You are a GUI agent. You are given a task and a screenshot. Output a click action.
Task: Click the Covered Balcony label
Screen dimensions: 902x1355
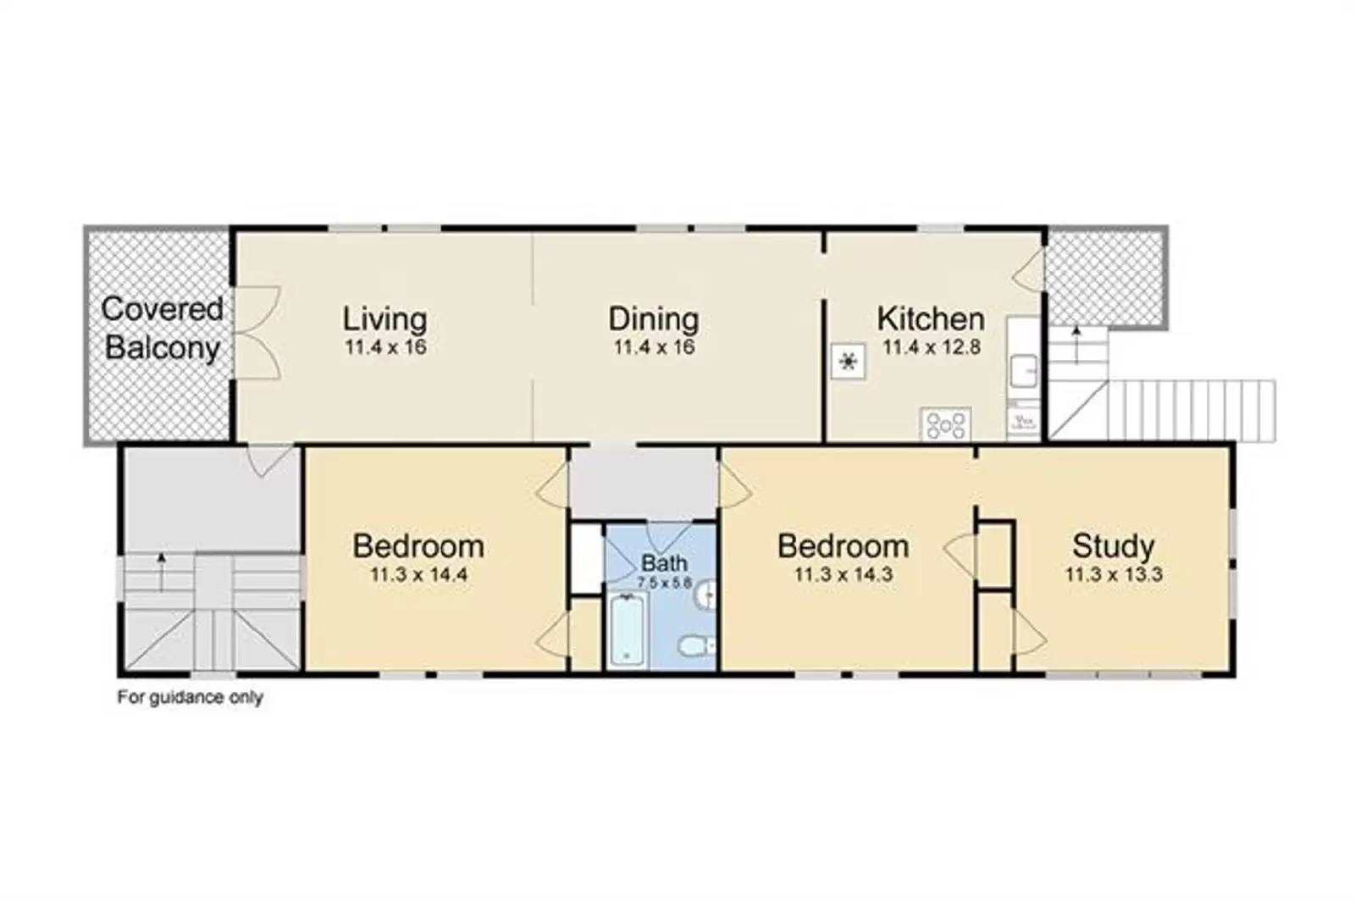162,329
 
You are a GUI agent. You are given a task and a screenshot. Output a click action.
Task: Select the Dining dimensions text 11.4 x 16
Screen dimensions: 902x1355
654,347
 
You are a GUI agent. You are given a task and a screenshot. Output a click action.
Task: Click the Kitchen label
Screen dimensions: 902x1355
931,318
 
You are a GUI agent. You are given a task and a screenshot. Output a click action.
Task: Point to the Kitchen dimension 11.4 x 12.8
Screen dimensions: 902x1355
931,347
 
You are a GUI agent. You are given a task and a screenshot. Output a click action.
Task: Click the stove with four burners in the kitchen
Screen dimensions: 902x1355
946,424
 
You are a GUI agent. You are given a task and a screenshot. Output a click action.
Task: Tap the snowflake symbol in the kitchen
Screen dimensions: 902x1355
848,362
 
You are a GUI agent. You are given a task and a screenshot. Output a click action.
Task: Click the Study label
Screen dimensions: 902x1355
1113,545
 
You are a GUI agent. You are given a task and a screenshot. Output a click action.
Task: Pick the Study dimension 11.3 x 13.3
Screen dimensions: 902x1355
1113,574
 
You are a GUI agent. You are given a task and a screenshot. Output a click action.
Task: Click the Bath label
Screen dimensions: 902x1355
664,562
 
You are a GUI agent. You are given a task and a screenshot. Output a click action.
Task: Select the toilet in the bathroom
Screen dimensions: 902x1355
696,647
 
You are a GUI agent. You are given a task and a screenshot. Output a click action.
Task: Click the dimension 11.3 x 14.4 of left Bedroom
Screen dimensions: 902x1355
418,574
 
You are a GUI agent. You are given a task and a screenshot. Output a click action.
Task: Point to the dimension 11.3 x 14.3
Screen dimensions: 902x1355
843,574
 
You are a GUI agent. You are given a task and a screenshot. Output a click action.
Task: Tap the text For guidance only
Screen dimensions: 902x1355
190,698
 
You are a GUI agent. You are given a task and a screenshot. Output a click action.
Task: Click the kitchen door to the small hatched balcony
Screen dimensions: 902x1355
1032,271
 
